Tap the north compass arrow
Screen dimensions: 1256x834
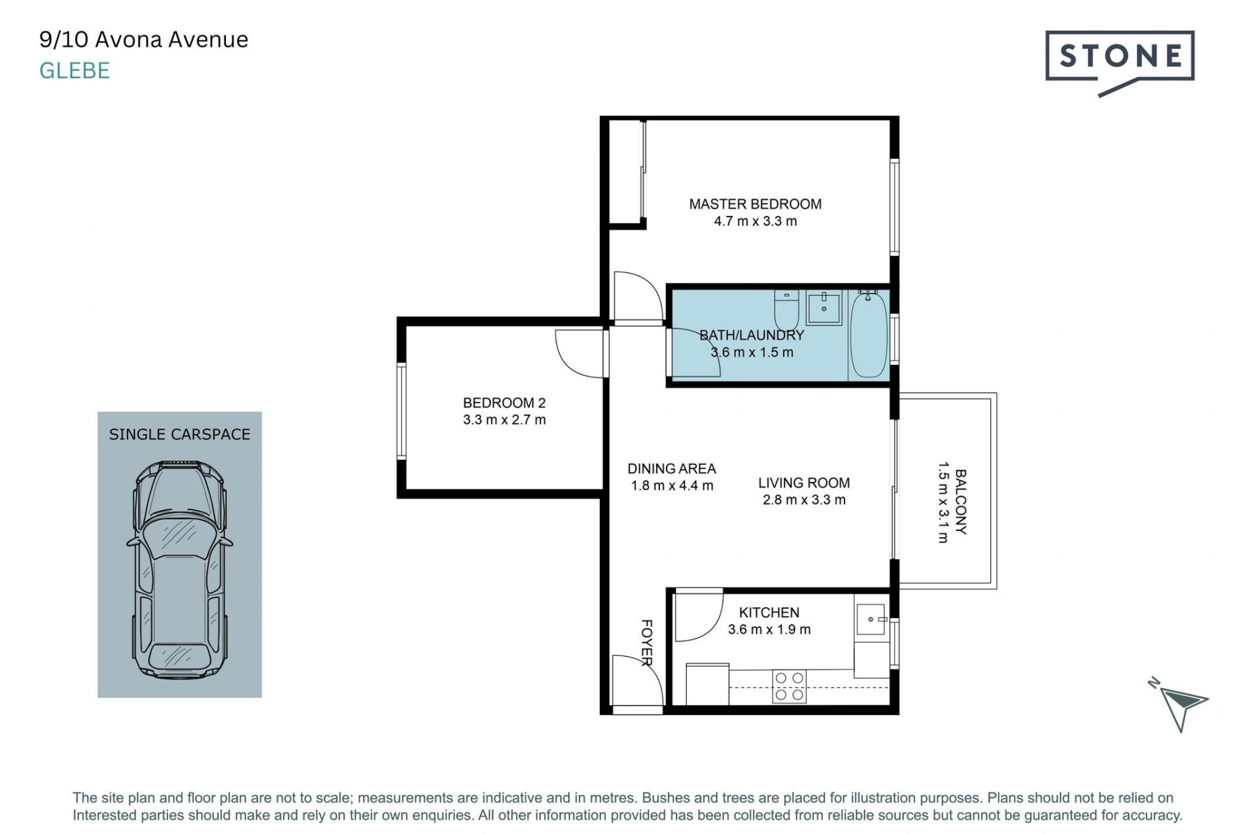pos(1182,706)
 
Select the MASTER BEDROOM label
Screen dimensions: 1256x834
pos(755,204)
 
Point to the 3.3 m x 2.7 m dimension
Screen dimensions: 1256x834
pos(504,420)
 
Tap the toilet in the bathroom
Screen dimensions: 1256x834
pos(786,310)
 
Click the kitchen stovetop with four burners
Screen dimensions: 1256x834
pos(789,687)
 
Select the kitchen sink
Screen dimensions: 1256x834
pos(871,619)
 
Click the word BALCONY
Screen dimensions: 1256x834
pos(961,502)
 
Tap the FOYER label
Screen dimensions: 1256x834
pos(646,643)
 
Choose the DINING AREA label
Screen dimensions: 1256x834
pos(672,469)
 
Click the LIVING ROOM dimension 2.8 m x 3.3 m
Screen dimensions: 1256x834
pos(804,500)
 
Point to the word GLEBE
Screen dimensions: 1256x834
pos(75,71)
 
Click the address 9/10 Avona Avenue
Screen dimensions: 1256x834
pos(144,40)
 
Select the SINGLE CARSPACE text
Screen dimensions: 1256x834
pos(180,434)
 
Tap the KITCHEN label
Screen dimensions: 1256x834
pos(769,613)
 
